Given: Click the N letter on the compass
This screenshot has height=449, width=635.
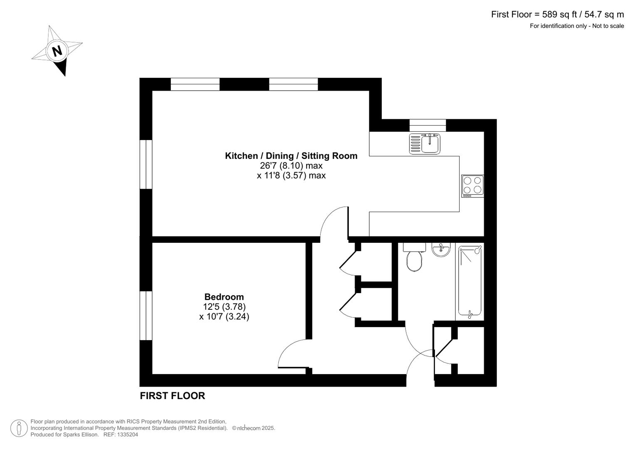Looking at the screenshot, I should click(57, 51).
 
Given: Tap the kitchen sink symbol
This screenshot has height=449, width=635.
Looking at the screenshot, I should click(425, 144).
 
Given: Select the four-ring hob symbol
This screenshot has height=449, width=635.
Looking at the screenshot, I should click(472, 186).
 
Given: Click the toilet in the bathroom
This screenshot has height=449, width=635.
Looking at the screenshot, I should click(414, 261).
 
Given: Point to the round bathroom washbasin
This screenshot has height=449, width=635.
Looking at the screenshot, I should click(441, 250).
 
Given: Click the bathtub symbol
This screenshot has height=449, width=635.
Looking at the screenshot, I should click(470, 281).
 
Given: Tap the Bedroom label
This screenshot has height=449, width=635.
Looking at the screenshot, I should click(224, 297).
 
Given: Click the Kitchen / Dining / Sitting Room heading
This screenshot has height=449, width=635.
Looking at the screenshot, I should click(291, 156).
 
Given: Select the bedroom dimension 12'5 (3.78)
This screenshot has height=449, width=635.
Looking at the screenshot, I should click(224, 307).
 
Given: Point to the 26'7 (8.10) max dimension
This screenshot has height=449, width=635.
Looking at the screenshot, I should click(291, 165).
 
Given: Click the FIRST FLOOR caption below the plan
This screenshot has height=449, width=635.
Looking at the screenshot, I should click(172, 396).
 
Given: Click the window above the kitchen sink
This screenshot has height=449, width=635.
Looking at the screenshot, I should click(427, 125).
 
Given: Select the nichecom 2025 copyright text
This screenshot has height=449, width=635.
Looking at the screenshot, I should click(254, 428).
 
